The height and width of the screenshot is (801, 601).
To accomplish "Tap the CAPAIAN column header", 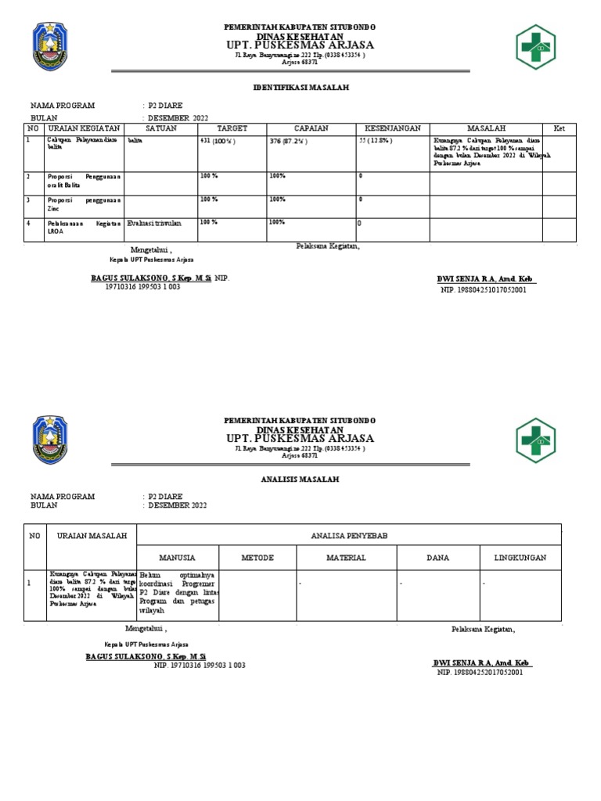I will coord(311,128).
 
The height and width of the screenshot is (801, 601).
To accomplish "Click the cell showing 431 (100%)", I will coord(218,142).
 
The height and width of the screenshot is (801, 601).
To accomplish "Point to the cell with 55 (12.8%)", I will coord(376,142).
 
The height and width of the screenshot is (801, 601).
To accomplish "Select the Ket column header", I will coord(559,128).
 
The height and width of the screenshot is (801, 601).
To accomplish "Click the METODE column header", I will coord(257,558).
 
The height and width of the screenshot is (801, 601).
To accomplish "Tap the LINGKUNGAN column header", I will coord(520,558).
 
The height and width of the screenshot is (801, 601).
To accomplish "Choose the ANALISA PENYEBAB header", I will coord(349,535).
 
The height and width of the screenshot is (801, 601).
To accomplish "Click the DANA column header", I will coord(437,558).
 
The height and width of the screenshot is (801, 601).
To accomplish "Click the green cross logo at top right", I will coord(535,48).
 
